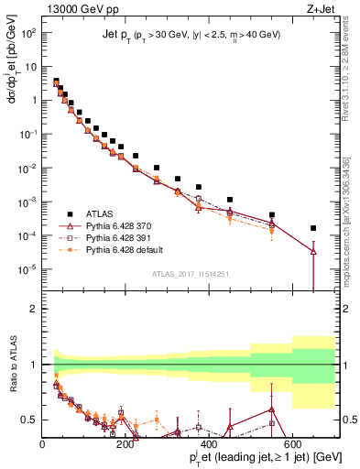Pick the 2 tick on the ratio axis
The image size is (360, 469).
coord(35,309)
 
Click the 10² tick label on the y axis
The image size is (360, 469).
coord(27,33)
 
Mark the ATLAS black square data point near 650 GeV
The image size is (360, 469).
coord(313,228)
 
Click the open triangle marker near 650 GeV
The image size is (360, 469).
coord(313,251)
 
